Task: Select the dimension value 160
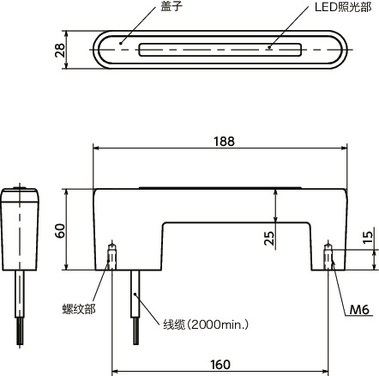click(x=220, y=364)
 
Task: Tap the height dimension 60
click(x=60, y=230)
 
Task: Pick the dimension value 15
click(x=368, y=235)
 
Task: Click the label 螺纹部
click(x=78, y=307)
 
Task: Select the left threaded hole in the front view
click(x=112, y=255)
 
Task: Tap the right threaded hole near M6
click(x=328, y=256)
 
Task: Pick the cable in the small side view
click(x=20, y=300)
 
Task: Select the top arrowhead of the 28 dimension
click(x=69, y=34)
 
